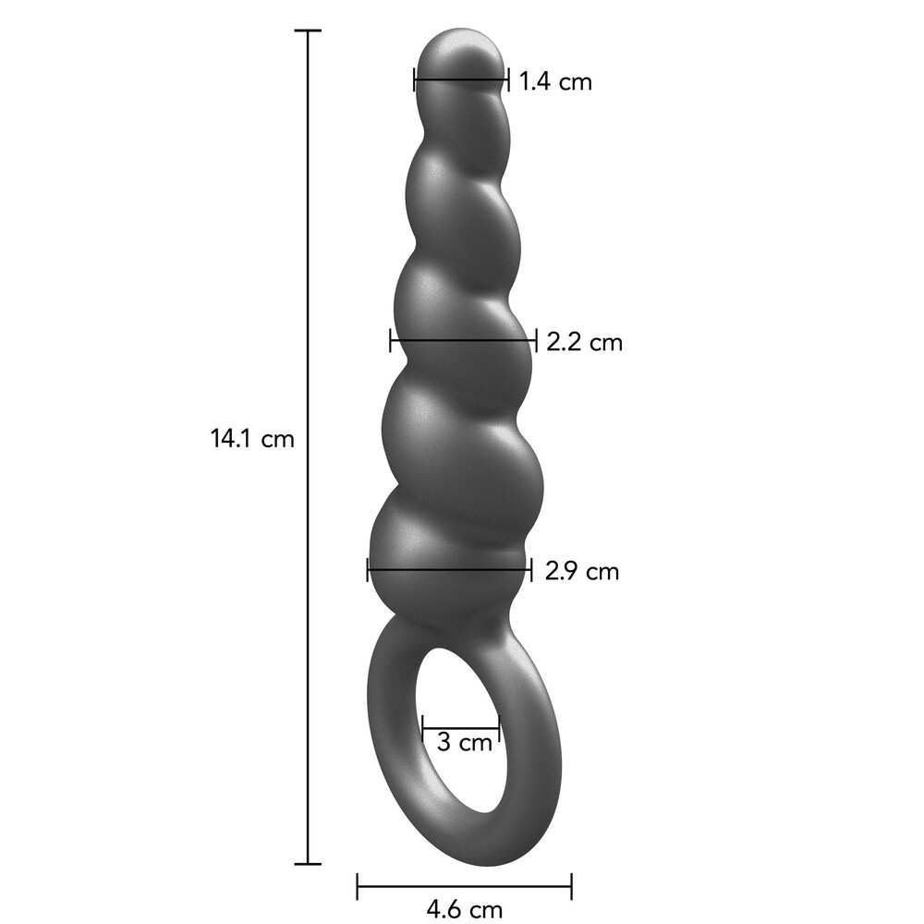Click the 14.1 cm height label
pos(252,438)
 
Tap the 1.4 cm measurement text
pos(554,81)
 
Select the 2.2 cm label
pos(584,343)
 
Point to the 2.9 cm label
pos(581,571)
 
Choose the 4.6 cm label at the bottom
pos(467,909)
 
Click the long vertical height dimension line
pos(308,277)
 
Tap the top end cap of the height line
pos(308,30)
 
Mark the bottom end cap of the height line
pos(308,864)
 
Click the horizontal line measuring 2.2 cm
pos(463,340)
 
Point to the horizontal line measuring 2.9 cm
pos(449,569)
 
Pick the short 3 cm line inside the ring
pos(460,729)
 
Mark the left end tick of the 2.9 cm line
pos(368,569)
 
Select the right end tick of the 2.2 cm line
pos(536,340)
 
